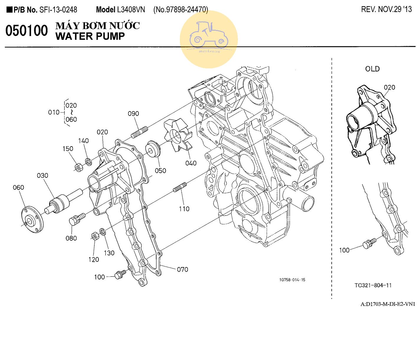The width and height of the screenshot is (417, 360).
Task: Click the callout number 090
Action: click(x=133, y=114)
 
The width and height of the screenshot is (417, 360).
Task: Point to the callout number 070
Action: click(x=183, y=269)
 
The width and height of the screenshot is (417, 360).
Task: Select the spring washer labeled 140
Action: click(x=88, y=161)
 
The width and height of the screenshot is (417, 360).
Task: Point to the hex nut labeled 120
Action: click(x=95, y=236)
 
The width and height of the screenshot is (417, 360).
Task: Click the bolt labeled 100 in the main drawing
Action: click(x=121, y=274)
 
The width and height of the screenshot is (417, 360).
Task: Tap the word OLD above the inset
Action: click(x=372, y=69)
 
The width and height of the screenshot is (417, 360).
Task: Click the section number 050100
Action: click(x=27, y=31)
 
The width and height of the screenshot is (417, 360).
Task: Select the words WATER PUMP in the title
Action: click(x=90, y=36)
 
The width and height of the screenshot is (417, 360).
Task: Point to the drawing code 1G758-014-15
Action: click(x=292, y=280)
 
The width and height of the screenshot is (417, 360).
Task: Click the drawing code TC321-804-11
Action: click(x=373, y=285)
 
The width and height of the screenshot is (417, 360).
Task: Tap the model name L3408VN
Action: click(x=131, y=10)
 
